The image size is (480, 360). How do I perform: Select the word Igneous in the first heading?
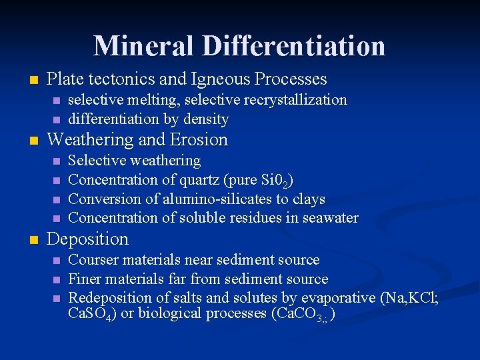pos(215,79)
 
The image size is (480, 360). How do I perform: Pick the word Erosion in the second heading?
pos(199,140)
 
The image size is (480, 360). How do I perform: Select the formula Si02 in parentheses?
pos(275,181)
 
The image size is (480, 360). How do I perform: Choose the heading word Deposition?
pos(87,239)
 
